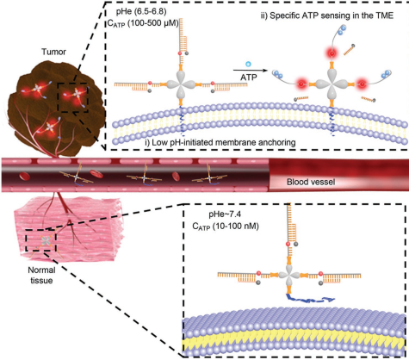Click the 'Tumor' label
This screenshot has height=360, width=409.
pos(53,52)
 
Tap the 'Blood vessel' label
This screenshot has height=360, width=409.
pos(311,182)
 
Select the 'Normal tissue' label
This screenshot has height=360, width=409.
pos(41,275)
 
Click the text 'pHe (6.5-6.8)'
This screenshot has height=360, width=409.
pos(141,12)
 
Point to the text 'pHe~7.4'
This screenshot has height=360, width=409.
pos(226,214)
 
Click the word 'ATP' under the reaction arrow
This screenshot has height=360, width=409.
pos(249,77)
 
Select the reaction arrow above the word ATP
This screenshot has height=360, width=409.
pos(248,70)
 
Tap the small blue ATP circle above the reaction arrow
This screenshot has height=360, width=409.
pos(249,64)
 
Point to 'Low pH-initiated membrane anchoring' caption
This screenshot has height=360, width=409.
pos(220,142)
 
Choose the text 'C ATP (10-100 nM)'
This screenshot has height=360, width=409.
pos(226,227)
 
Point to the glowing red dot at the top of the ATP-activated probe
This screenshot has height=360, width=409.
pos(332,53)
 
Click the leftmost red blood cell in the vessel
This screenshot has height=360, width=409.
pos(24,175)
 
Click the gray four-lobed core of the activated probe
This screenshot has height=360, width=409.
pos(332,84)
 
